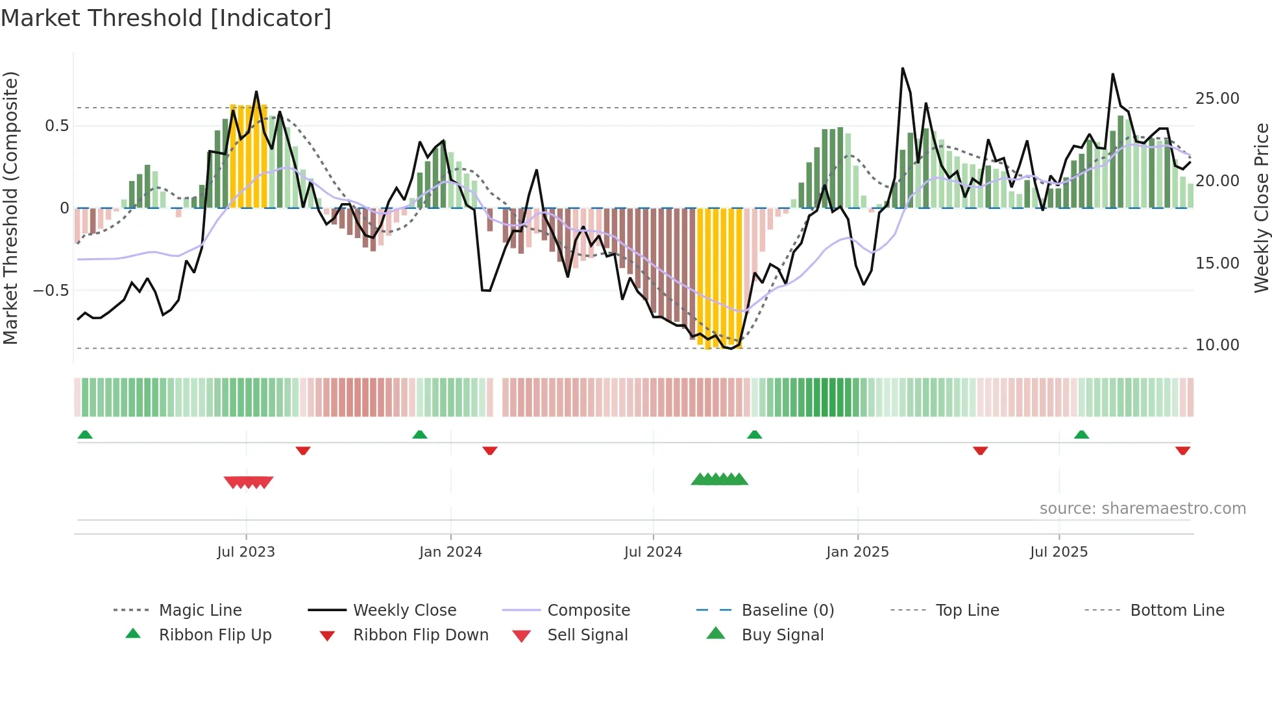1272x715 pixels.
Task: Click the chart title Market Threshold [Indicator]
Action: (x=166, y=18)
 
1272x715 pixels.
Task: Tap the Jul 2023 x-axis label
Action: (x=246, y=552)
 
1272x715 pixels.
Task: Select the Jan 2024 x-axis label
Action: (x=450, y=552)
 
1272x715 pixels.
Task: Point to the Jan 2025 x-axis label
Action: (x=857, y=552)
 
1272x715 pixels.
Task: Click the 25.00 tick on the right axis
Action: (x=1217, y=99)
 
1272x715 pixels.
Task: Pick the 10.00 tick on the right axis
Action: (x=1217, y=345)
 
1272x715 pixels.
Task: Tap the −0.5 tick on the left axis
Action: (x=51, y=291)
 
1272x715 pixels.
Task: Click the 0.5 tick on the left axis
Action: (x=56, y=126)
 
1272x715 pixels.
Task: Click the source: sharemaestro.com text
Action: (x=1142, y=509)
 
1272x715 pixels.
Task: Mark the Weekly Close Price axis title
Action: (x=1261, y=208)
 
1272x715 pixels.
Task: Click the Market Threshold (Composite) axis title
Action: (x=10, y=208)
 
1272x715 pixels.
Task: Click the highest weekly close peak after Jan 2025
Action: (x=903, y=69)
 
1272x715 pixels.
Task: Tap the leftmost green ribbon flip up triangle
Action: (x=85, y=435)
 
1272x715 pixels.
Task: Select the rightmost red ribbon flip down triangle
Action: (x=1182, y=450)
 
